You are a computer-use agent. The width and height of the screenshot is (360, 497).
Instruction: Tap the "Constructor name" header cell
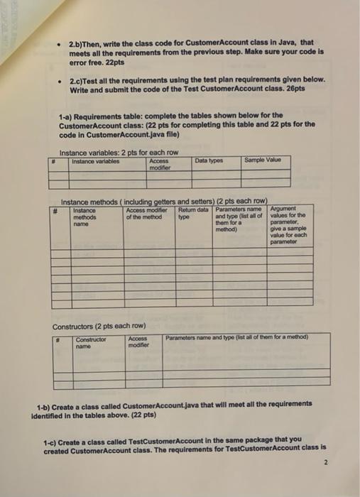(x=90, y=342)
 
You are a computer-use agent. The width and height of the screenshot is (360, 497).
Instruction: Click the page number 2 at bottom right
(x=325, y=461)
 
